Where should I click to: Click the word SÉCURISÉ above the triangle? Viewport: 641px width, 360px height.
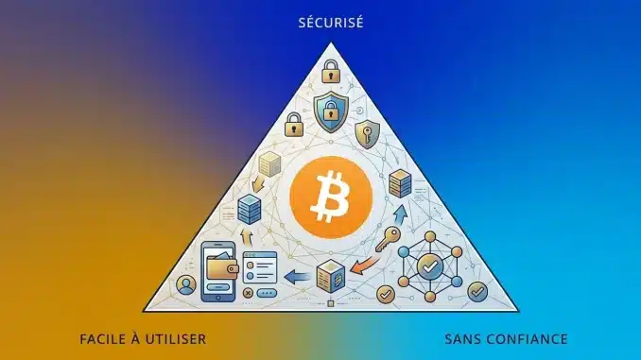coord(331,23)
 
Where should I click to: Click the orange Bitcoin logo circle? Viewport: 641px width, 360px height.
coord(331,197)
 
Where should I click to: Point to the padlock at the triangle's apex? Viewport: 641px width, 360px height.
coord(331,72)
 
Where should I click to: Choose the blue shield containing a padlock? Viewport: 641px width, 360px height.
coord(331,111)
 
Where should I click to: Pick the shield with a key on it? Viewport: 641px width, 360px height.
coord(367,134)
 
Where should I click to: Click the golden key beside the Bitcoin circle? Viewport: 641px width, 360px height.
coord(387,239)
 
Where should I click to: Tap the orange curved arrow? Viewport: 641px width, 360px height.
coord(365,264)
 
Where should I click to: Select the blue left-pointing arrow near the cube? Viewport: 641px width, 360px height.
coord(298,277)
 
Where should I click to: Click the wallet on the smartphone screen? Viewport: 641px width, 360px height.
coord(222,266)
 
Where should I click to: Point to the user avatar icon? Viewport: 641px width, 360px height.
coord(186,284)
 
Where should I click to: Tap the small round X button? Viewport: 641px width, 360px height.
coord(248,293)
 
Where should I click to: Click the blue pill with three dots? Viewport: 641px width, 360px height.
coord(267,293)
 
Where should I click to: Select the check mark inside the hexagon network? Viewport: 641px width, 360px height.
coord(429,266)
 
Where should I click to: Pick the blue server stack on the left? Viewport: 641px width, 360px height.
coord(249,209)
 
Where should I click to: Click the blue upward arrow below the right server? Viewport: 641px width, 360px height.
coord(401,214)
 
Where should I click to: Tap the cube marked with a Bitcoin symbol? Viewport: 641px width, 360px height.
coord(331,276)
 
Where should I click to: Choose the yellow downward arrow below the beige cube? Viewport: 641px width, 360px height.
coord(258,183)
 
